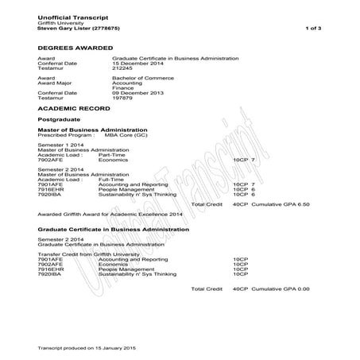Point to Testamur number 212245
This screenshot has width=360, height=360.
[x=125, y=73]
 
